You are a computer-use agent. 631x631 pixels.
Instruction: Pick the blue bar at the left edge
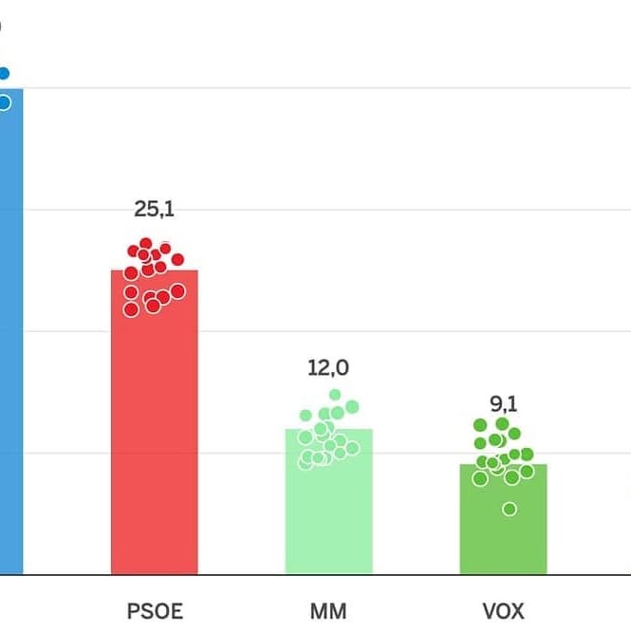9,332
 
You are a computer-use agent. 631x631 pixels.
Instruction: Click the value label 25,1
154,209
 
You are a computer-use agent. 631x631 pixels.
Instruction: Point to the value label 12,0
328,367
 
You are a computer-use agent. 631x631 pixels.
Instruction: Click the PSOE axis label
155,610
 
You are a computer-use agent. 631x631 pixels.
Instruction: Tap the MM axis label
328,610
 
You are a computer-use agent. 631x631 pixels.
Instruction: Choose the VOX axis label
503,610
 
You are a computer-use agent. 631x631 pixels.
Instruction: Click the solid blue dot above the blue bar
4,73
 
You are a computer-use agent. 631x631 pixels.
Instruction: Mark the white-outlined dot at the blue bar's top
4,102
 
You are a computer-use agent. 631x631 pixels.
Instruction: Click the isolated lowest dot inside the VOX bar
510,509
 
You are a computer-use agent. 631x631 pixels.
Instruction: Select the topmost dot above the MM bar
335,395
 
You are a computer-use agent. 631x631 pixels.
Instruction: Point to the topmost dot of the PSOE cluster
146,244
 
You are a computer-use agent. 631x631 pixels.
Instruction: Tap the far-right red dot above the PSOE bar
177,259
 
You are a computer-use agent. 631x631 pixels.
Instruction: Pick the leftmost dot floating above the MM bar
306,416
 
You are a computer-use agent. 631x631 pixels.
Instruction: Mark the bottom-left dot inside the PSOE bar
131,309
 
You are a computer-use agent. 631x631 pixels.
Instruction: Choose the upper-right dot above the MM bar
352,407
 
